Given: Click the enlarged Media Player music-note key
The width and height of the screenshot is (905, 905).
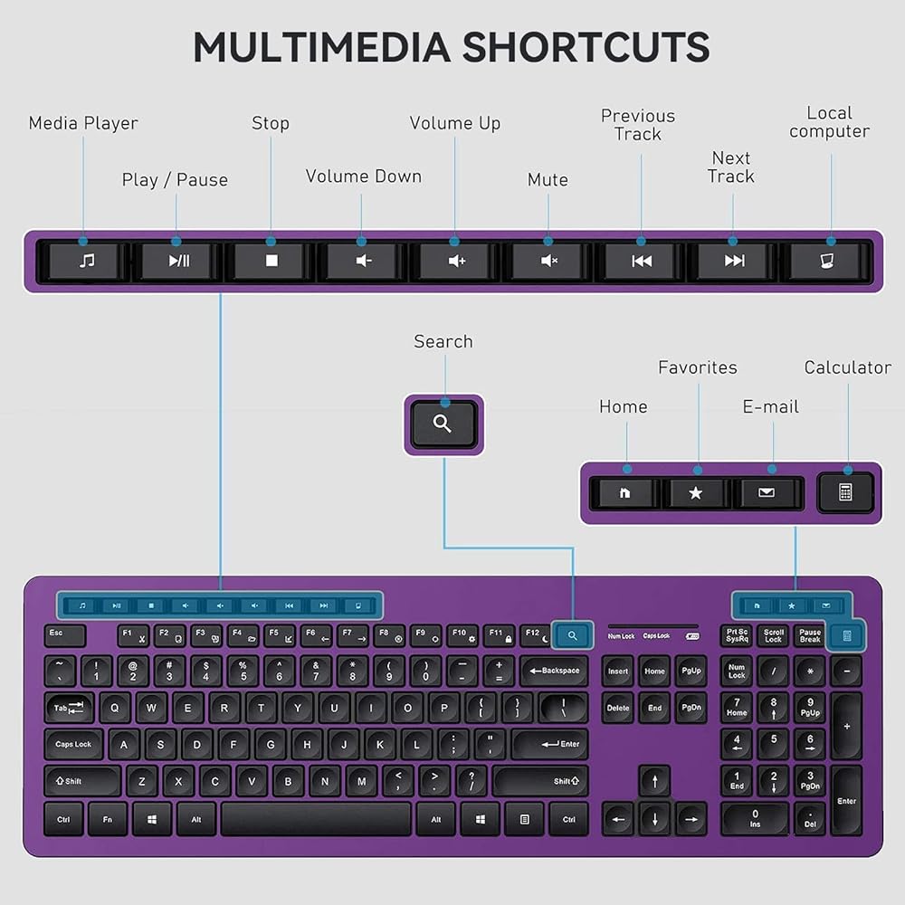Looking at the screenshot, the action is (86, 262).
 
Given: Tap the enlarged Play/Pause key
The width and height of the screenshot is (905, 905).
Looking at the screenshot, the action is (178, 262).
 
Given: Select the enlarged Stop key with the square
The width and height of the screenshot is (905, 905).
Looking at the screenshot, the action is (271, 262).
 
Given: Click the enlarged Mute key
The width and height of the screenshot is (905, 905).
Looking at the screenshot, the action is (548, 262).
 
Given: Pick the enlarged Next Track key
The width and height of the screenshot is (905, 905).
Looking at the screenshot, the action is (734, 262).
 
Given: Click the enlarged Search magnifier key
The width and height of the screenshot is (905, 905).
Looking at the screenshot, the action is (443, 424).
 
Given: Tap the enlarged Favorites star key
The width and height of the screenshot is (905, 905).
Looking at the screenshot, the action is (695, 493).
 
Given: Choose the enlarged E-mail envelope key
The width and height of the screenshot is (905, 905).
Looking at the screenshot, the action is (767, 493).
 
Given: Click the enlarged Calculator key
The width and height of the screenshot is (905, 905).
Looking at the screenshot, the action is (845, 492).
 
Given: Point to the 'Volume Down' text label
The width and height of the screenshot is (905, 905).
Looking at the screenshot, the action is (363, 176).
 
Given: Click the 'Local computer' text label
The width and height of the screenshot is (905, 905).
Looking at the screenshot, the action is (829, 122).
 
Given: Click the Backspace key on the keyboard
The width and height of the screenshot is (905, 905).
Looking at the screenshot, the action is (555, 671).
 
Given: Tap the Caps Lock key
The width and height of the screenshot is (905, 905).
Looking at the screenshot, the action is (74, 744).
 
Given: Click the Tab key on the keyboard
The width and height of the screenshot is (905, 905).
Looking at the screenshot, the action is (69, 708).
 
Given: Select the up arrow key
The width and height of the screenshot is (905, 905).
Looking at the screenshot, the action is (653, 780).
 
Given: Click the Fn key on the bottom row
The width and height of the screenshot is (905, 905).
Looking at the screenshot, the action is (108, 819).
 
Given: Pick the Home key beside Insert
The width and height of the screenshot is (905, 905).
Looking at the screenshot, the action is (654, 672).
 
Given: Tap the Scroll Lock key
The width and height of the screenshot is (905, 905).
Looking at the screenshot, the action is (773, 636).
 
